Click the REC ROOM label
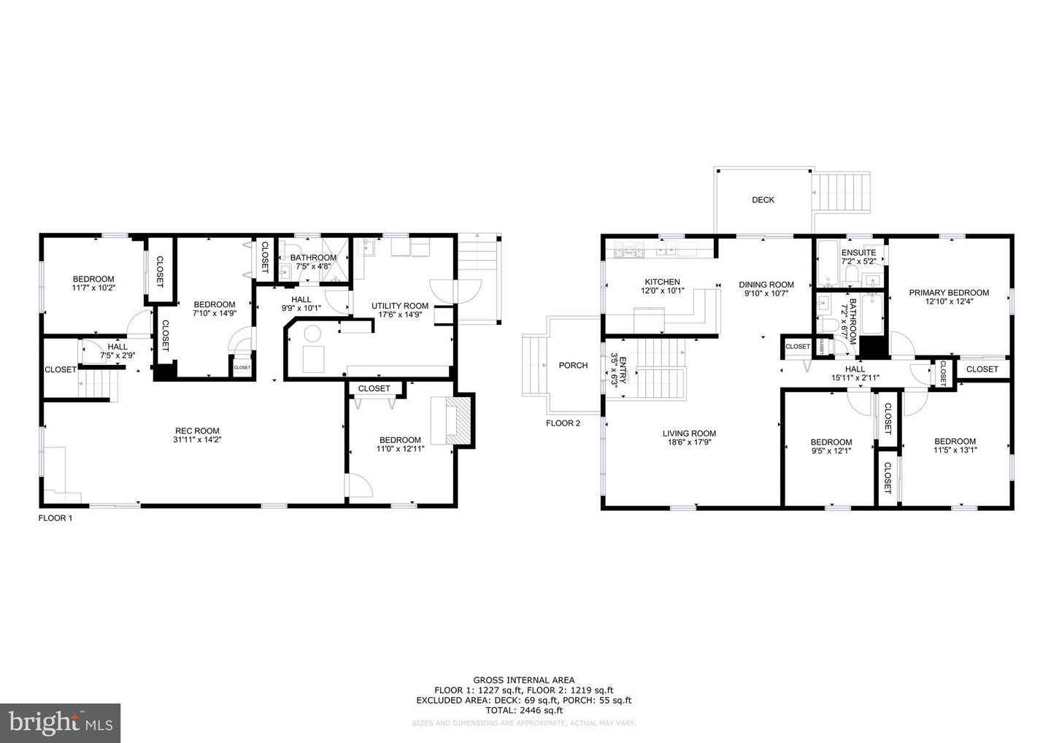pos(196,431)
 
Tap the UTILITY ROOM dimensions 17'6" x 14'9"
pos(400,315)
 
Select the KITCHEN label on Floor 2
pos(662,282)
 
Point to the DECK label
pos(763,200)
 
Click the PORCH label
pos(573,366)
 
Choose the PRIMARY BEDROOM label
pos(949,293)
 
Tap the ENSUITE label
pos(858,253)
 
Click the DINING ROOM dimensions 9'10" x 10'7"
pos(766,294)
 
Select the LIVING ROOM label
pos(689,433)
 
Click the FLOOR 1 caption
pos(55,518)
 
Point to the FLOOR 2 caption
pos(563,423)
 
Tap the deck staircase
pos(842,193)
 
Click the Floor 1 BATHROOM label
pos(313,258)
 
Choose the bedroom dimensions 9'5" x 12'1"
pos(831,451)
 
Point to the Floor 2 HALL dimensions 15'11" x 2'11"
pos(855,378)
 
